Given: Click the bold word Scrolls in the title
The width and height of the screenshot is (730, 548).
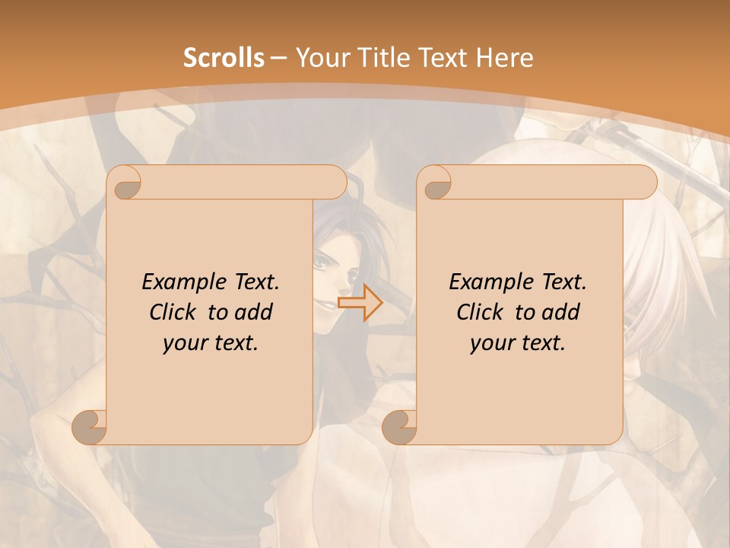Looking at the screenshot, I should pos(224,58).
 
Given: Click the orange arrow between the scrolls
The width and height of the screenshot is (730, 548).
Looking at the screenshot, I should pos(360,302).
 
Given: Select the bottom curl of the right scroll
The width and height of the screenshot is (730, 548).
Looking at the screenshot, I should pos(401,426).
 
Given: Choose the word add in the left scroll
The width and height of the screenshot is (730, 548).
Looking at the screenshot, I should pos(255,313).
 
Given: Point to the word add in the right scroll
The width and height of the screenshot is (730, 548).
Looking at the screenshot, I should pos(562,313).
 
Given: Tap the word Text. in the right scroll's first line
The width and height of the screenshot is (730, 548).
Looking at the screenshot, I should pos(564,282).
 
